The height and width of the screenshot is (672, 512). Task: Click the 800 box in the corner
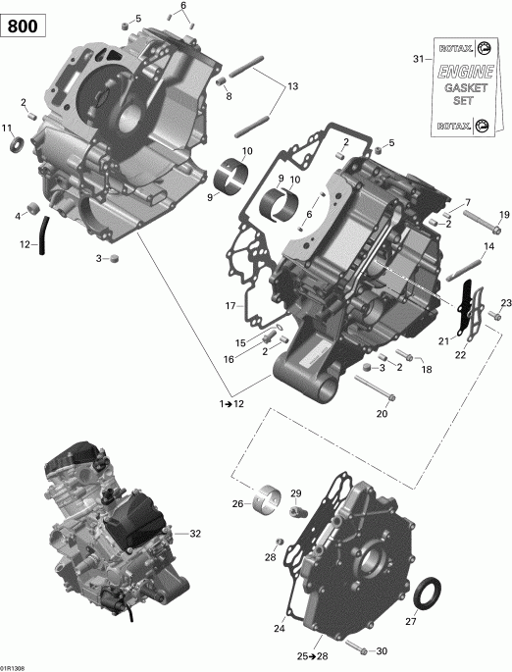tap(24, 26)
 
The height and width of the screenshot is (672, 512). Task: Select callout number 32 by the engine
tap(195, 534)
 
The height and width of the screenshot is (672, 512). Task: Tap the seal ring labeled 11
tap(16, 146)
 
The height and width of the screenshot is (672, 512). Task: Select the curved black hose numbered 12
tap(43, 235)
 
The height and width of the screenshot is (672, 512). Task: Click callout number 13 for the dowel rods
tap(291, 87)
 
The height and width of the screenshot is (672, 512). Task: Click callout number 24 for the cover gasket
tap(280, 629)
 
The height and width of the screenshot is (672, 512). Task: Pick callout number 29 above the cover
tap(296, 493)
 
